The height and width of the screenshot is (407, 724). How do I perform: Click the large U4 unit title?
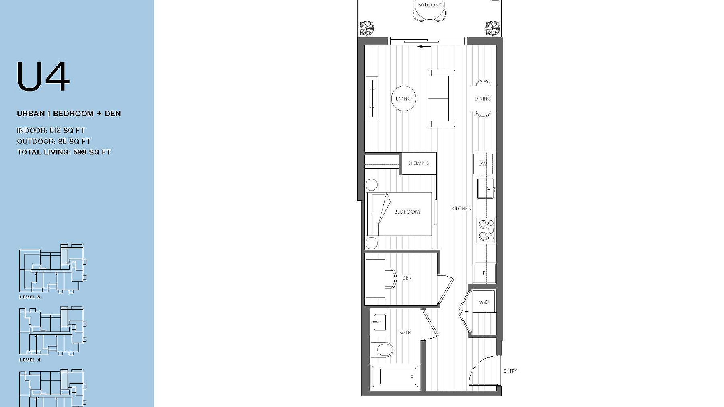(43, 77)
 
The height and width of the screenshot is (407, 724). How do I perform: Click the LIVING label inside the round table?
(403, 99)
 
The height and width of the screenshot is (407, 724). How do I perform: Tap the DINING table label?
(483, 99)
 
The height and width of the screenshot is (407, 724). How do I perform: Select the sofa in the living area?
(441, 99)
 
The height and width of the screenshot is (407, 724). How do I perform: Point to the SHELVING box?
(419, 163)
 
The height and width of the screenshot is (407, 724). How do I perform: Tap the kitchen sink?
(485, 188)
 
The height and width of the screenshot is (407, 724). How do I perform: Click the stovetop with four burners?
(486, 231)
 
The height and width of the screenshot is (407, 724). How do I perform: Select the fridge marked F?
(484, 273)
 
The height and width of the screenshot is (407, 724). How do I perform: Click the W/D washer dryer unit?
(484, 302)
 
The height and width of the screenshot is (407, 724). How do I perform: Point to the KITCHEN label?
(461, 208)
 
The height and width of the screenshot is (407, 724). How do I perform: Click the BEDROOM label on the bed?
(407, 212)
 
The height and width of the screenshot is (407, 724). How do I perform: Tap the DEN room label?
(407, 278)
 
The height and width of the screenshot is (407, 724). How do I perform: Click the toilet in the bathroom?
(382, 349)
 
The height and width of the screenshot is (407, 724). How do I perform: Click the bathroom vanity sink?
(378, 322)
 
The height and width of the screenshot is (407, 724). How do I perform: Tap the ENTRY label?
(510, 371)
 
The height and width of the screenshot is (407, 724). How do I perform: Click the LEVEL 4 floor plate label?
(30, 360)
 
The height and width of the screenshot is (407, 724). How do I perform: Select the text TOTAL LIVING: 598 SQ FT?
(64, 152)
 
